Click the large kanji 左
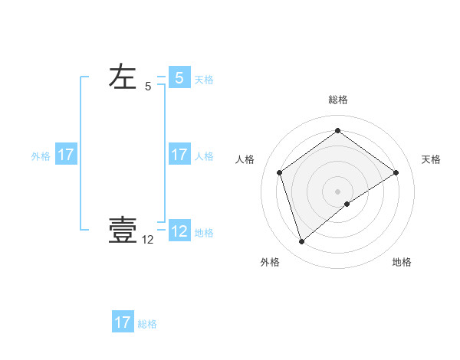pos(123,77)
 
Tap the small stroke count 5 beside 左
pos(148,87)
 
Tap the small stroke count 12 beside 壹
pos(148,240)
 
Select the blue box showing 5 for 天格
pos(179,78)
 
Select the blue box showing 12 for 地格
pos(179,231)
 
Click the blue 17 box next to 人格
pos(179,155)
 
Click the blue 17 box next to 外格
pos(66,155)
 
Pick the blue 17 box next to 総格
pos(123,322)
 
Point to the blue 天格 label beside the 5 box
pos(204,80)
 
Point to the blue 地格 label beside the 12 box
pos(204,233)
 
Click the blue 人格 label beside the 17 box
pos(204,156)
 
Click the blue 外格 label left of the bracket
pos(41,156)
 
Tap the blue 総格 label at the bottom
pos(147,324)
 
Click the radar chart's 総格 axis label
pos(337,100)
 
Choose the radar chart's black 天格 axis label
pos(432,159)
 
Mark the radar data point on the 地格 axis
pos(347,204)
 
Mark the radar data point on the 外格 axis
pos(301,242)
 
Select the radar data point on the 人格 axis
pos(280,172)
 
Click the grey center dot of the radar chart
pos(337,191)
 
